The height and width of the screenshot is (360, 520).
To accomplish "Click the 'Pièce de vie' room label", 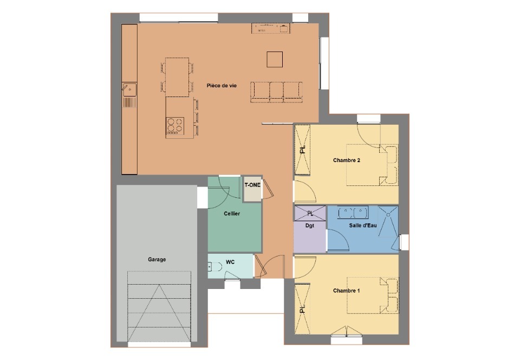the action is point(222,86).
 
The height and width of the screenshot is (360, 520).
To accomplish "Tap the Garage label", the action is point(157,260).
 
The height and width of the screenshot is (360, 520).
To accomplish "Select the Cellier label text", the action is point(232,214).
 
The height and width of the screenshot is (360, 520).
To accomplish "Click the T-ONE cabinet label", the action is point(252,185).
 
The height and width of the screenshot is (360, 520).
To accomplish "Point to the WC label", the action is point(230,262).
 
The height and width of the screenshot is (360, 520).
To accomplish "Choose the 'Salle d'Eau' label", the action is point(363,226).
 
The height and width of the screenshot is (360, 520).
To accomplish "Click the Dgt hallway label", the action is point(310,226).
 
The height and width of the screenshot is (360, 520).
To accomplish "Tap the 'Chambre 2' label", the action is point(347,160).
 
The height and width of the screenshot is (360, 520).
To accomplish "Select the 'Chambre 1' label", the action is point(347,291).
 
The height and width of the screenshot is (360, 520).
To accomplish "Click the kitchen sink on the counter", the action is point(129,89).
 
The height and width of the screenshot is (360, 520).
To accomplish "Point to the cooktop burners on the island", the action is point(175,126).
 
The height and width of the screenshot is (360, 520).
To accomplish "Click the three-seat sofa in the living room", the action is point(276,92).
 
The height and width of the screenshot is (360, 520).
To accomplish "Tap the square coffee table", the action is point(275,60).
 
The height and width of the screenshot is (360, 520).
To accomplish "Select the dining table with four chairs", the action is point(177,78).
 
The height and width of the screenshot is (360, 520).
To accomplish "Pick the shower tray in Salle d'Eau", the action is point(388,221).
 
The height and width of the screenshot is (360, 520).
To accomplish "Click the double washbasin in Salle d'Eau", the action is point(353,213).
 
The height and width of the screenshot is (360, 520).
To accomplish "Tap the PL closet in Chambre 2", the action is point(302,150).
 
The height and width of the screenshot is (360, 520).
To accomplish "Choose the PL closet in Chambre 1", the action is point(302,309).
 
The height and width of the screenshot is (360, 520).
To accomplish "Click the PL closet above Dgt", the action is point(310,214).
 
